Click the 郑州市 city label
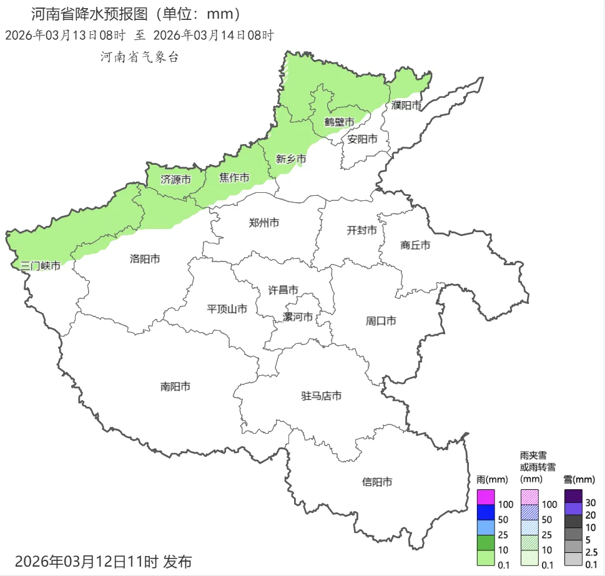coord(263,223)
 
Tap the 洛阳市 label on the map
coord(145,258)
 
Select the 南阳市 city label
coord(175,387)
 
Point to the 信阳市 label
coord(378,482)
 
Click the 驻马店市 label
coord(322,396)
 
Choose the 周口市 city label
coord(381,321)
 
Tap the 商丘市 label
coord(415,245)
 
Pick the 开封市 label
coord(362,230)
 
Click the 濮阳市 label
coord(407,105)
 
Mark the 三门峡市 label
coord(41,266)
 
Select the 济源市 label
coord(175,179)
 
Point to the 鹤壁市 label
coord(340,122)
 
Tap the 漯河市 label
coord(298,317)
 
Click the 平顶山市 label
coord(227,308)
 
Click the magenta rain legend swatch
coord(486,497)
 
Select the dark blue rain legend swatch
coord(486,512)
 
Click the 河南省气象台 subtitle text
coord(140,57)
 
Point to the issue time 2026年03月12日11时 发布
coord(104,561)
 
